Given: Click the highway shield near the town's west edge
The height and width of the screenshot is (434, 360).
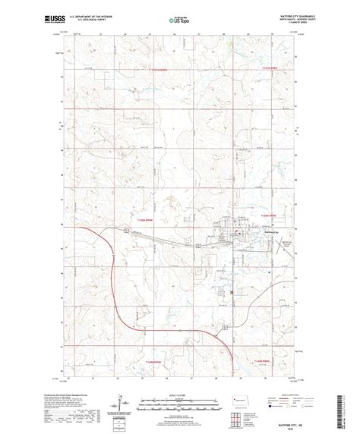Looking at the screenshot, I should [x=197, y=246].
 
